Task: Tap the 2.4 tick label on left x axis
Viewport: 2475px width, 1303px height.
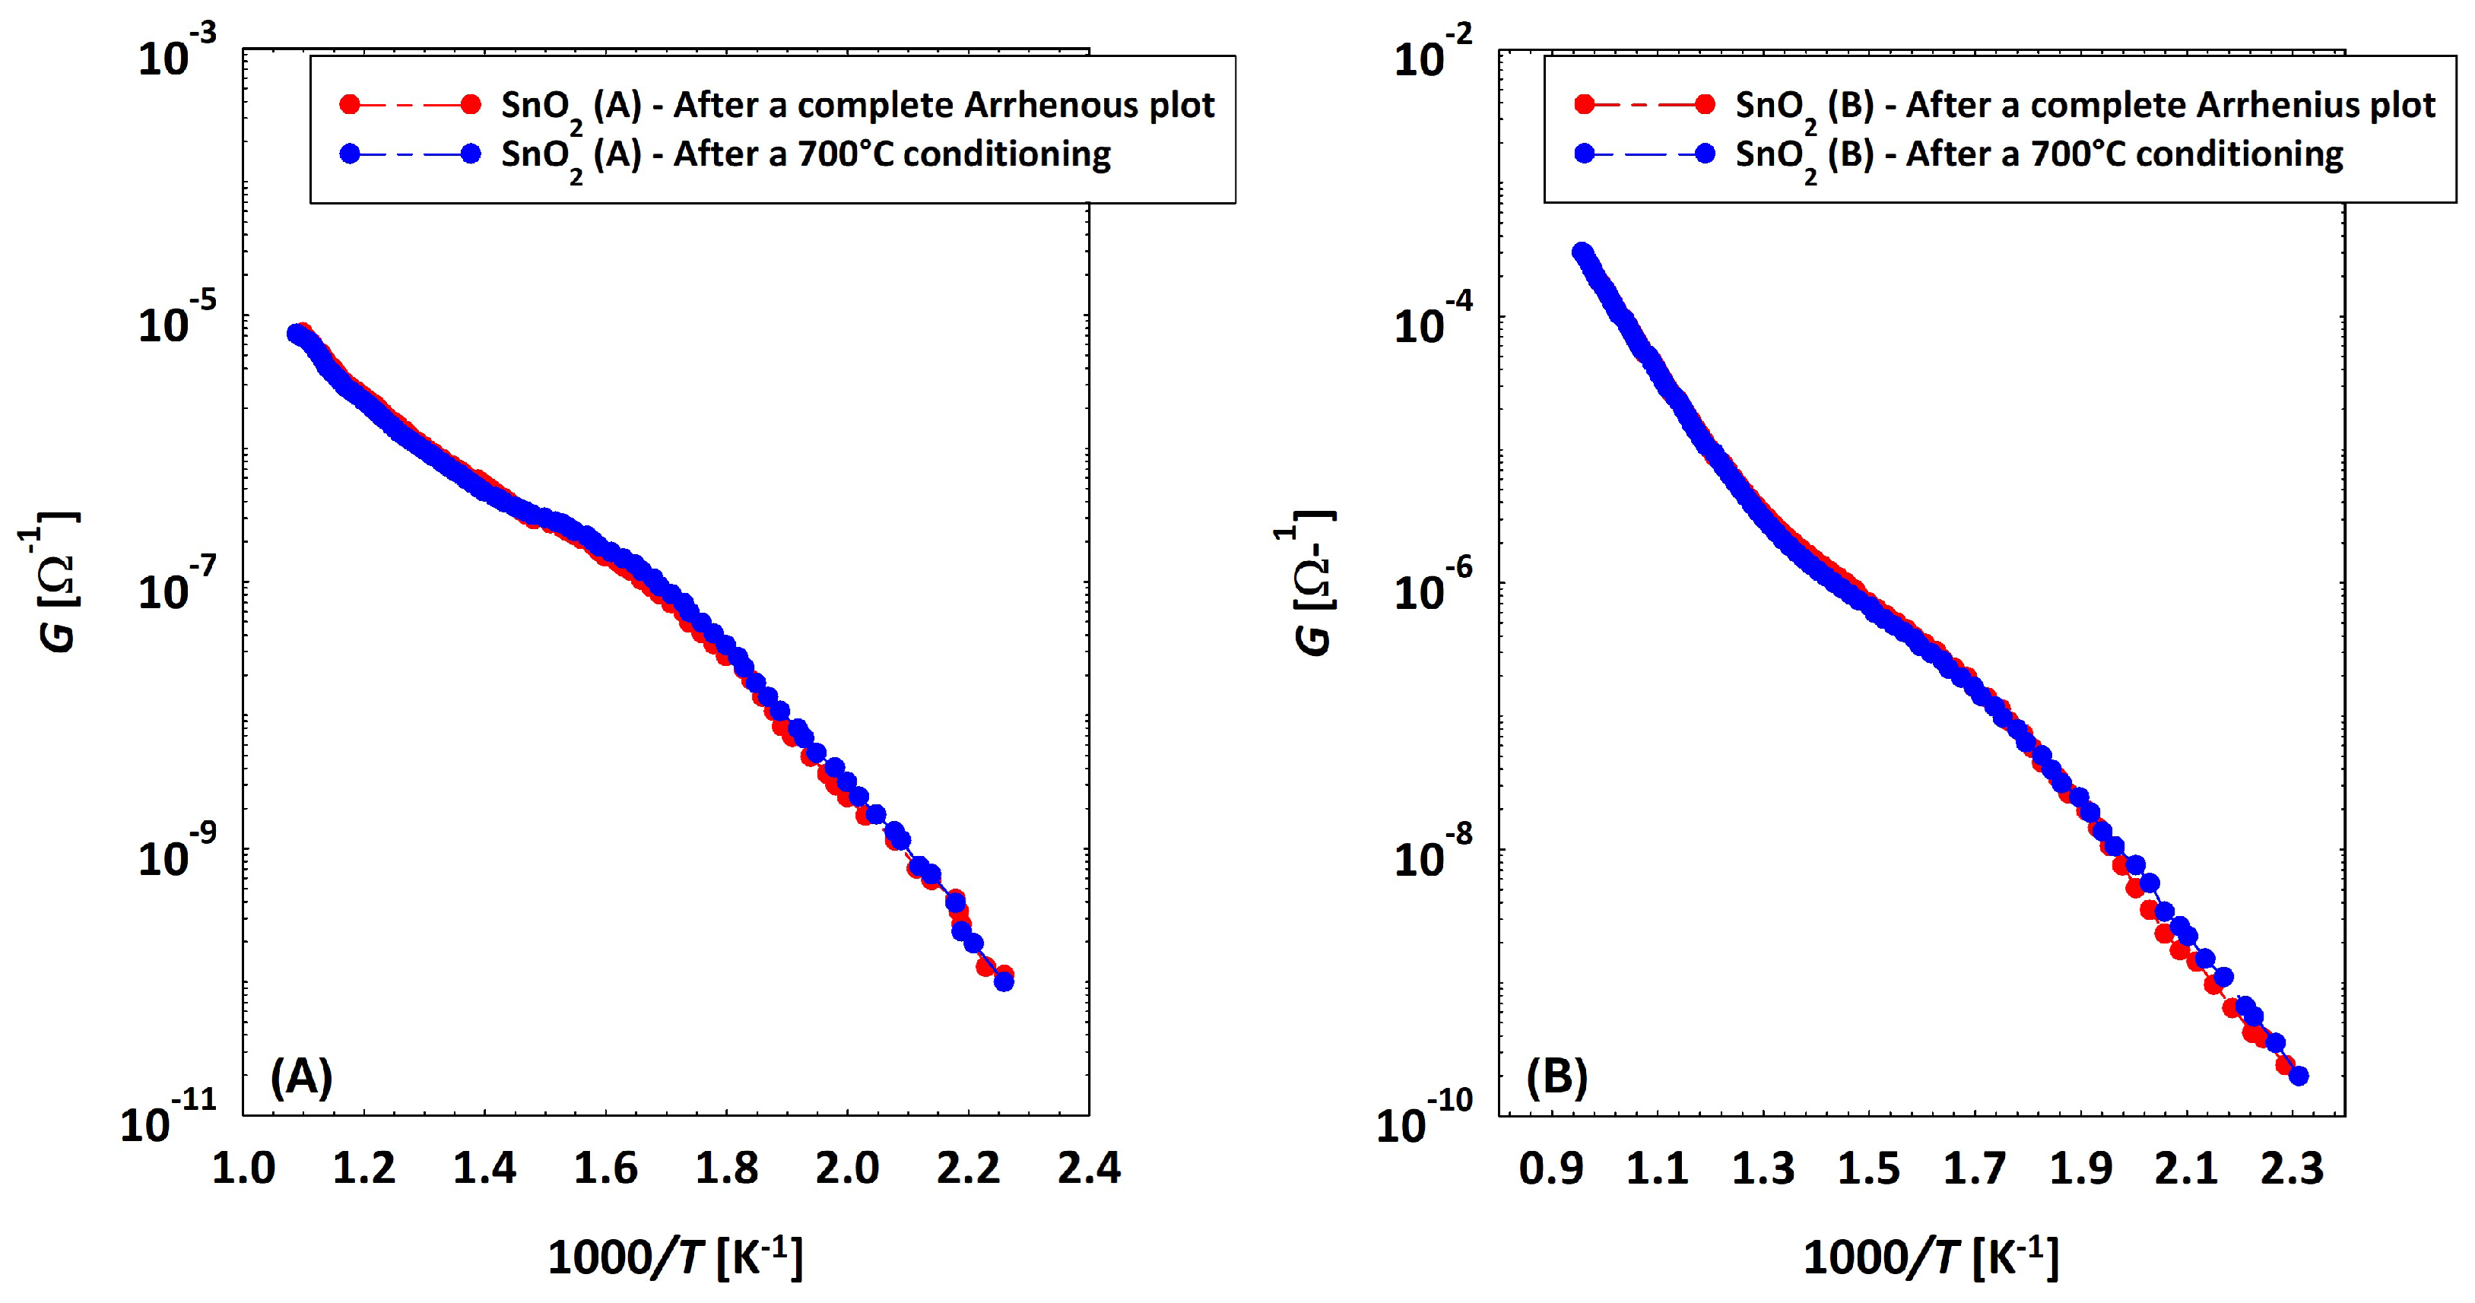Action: click(x=1089, y=1168)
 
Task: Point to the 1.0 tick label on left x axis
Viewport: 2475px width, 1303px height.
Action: click(x=243, y=1168)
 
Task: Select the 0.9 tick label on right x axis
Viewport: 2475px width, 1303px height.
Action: click(x=1550, y=1168)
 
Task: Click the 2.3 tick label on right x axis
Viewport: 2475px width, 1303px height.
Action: click(x=2292, y=1168)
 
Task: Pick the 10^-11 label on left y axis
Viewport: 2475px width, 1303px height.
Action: click(x=168, y=1117)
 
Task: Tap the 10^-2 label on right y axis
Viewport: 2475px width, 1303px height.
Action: click(x=1432, y=53)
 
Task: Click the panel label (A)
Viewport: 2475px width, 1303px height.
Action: click(x=301, y=1076)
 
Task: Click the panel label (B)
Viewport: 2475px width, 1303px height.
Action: click(x=1556, y=1076)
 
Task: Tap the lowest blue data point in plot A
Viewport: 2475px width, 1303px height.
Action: click(x=1003, y=980)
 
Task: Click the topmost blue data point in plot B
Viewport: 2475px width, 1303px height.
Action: click(x=1582, y=252)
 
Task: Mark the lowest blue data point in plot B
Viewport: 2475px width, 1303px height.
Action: click(x=2298, y=1075)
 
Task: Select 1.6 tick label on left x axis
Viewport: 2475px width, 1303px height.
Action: click(x=605, y=1168)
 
